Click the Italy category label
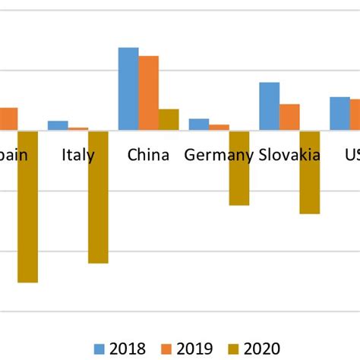78,156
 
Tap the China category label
148,156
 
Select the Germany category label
219,156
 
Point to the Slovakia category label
289,156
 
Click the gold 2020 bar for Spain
28,206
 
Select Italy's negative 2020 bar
98,197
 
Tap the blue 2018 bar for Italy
58,125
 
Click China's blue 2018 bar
128,89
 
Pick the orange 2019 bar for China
149,93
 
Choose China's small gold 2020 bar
169,119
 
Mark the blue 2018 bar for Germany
199,125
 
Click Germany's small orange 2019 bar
219,128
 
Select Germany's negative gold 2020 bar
239,168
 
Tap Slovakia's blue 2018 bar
270,106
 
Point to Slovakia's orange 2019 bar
289,117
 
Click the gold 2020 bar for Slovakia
309,172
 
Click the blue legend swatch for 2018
99,349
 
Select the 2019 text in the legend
194,349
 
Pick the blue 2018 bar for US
339,113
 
